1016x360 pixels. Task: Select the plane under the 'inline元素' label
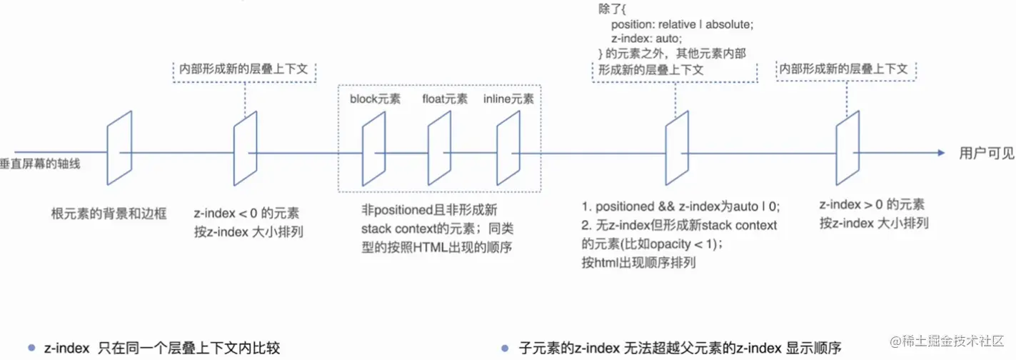pyautogui.click(x=508, y=151)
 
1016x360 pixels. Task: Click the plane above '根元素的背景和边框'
pyautogui.click(x=119, y=151)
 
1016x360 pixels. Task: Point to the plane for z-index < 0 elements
pyautogui.click(x=245, y=151)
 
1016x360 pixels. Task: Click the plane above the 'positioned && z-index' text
pyautogui.click(x=677, y=151)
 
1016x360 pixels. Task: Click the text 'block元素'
pyautogui.click(x=375, y=99)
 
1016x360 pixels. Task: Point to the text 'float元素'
pyautogui.click(x=444, y=99)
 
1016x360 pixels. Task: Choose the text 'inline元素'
pyautogui.click(x=508, y=99)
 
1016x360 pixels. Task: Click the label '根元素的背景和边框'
pyautogui.click(x=109, y=214)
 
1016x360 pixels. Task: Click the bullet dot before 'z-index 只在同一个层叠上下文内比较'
pyautogui.click(x=31, y=348)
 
